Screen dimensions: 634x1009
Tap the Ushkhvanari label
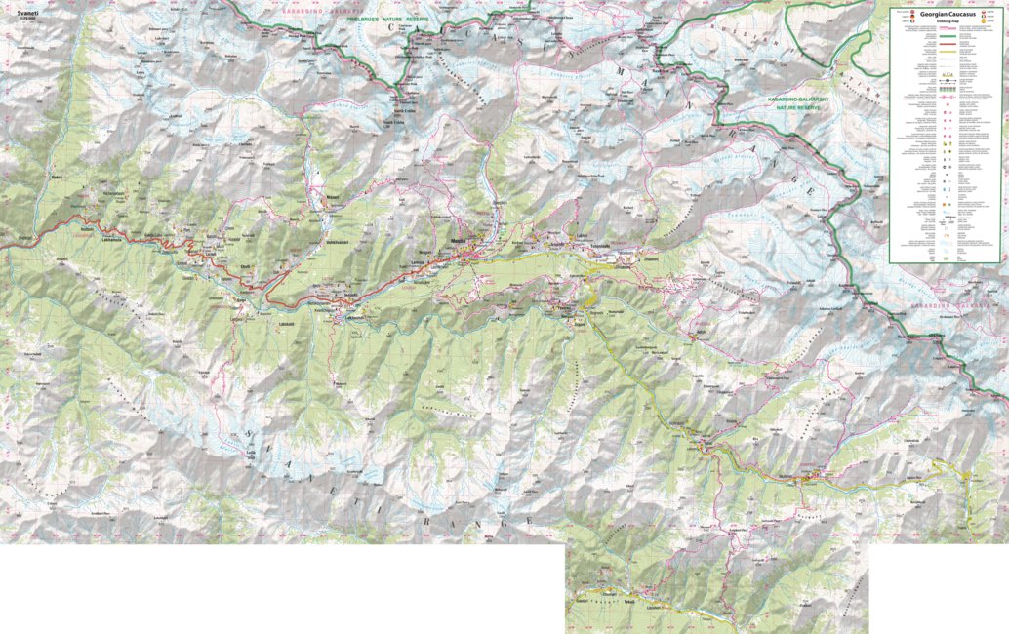[339, 242]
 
